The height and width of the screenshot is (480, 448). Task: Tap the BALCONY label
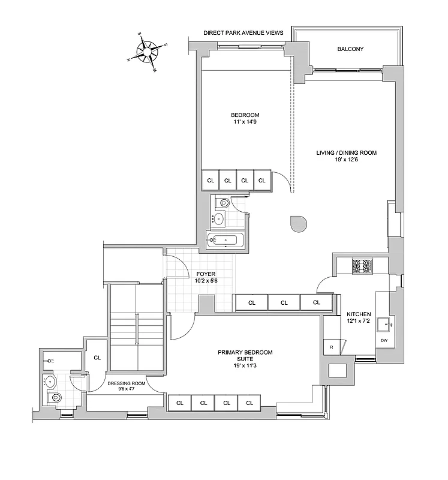(350, 49)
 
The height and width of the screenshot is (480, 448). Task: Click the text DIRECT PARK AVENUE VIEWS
(243, 34)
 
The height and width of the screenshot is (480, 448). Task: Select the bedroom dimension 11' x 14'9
(245, 122)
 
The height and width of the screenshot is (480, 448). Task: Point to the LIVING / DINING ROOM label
(347, 153)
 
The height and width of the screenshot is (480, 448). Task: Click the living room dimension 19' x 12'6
(347, 160)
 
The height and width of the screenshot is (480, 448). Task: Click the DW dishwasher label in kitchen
(384, 341)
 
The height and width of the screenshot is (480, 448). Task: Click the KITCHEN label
(359, 314)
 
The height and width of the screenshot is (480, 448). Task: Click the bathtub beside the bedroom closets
(224, 241)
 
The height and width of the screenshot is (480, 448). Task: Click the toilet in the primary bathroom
(55, 398)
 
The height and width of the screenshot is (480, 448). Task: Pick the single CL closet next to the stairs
(97, 358)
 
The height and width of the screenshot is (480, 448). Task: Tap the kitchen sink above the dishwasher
(384, 324)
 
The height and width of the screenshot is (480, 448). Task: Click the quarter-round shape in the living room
(298, 223)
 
